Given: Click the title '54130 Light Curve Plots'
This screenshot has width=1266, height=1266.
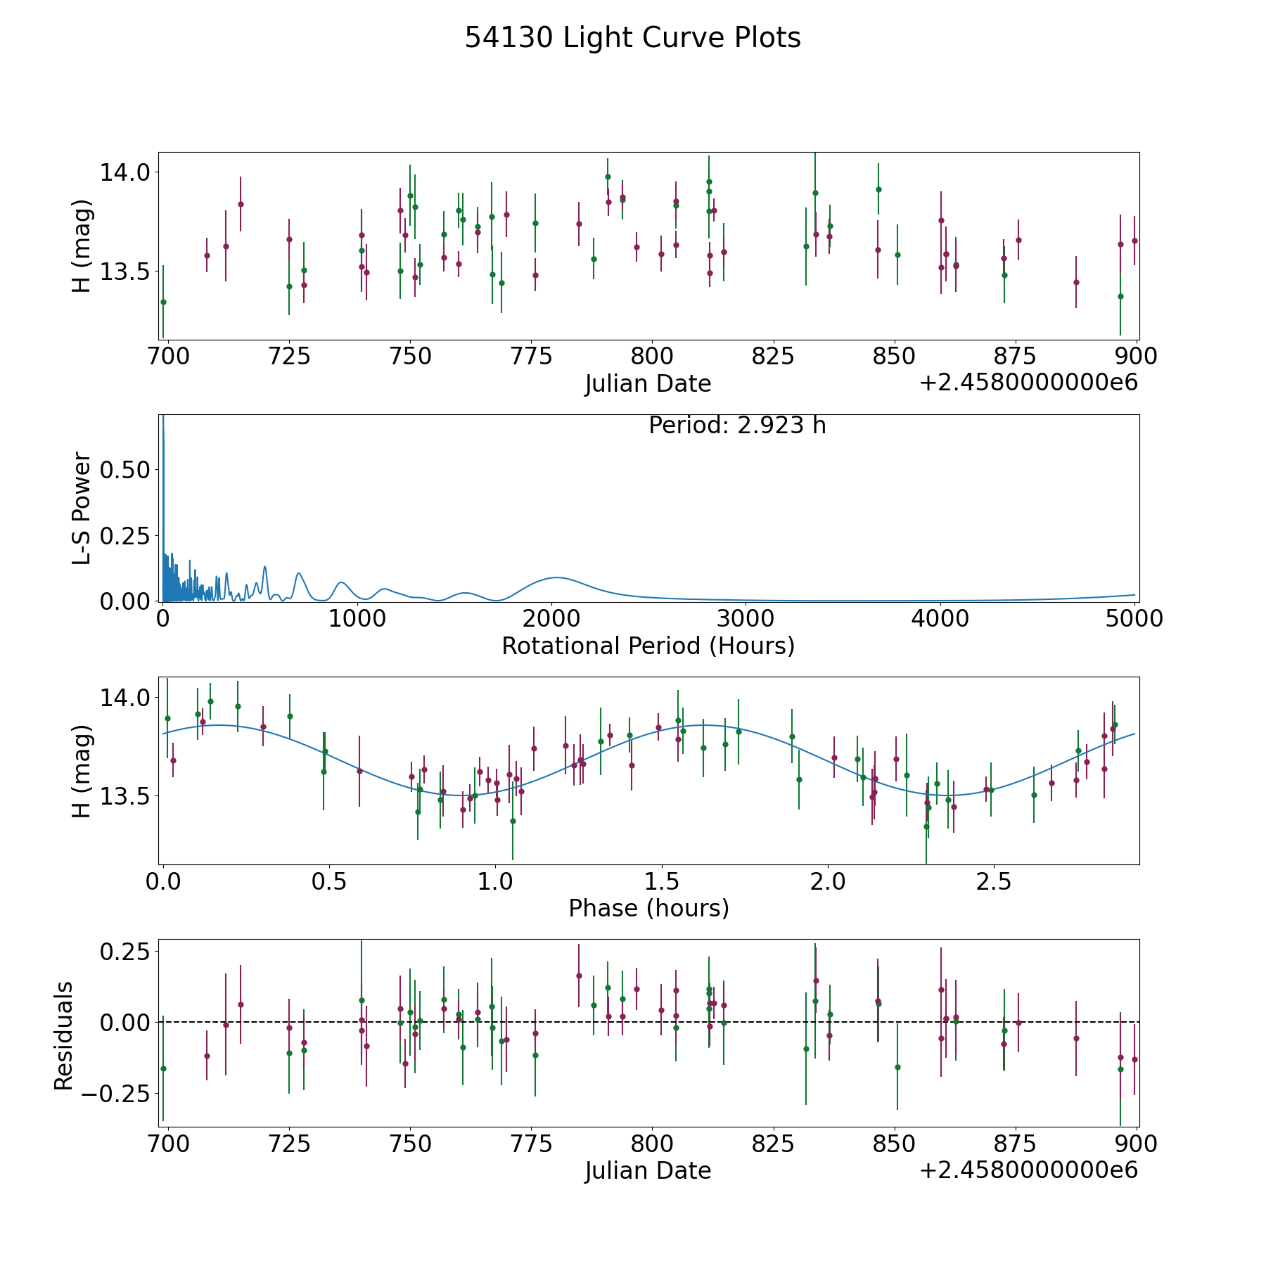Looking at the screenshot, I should pos(632,38).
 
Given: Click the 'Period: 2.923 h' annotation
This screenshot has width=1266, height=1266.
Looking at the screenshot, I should pos(737,426).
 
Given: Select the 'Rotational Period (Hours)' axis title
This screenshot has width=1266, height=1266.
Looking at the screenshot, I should pos(648,646).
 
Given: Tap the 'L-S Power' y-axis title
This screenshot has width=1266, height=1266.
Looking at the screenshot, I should pos(82,508).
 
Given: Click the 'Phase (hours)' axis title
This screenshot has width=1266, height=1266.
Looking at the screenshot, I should pos(648,908).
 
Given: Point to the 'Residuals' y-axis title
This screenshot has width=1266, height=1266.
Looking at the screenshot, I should pos(64,1035).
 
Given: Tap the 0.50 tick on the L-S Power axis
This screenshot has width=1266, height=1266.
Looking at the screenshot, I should pos(125,469).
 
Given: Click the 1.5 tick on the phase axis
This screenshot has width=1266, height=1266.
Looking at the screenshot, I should pos(662,881).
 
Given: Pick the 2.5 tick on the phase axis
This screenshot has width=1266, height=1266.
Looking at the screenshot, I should pos(995,881).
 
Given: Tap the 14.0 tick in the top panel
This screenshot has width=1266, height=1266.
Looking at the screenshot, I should pos(125,172).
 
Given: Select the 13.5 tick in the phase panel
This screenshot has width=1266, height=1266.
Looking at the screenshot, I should pos(125,796).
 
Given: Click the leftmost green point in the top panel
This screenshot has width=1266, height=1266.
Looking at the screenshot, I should pos(163,302).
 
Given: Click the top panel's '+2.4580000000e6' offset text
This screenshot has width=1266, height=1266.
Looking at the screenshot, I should pos(1028,383).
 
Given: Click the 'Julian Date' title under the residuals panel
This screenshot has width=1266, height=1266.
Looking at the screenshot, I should pos(648,1170).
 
